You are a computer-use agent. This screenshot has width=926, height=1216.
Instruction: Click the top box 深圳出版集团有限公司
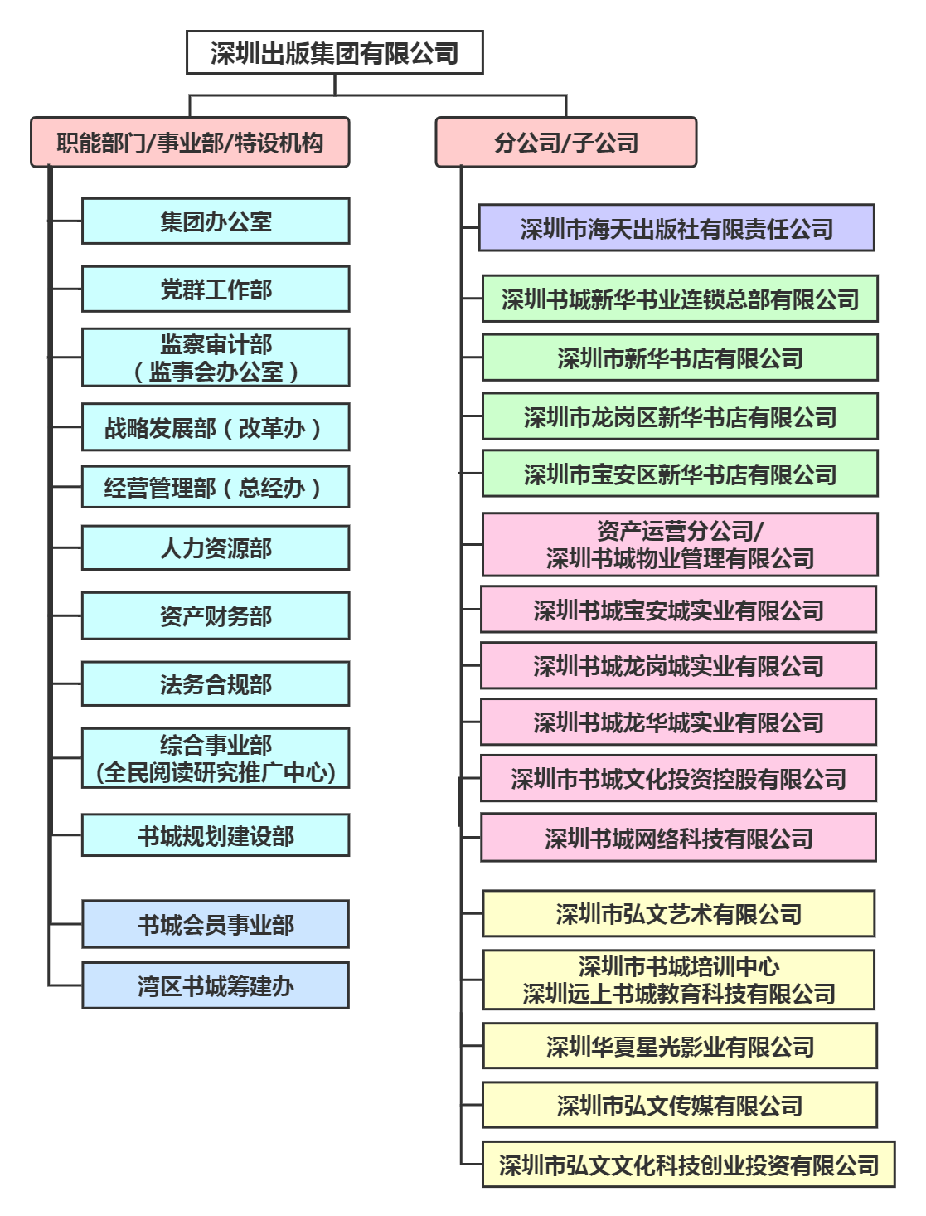click(x=334, y=53)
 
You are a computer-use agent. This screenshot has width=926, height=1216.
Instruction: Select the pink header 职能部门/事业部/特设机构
click(x=190, y=143)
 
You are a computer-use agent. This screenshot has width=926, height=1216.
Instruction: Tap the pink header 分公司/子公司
click(x=566, y=143)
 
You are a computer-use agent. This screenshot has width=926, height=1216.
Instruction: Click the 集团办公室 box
click(x=216, y=221)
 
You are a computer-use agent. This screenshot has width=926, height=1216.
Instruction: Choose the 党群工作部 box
click(x=216, y=289)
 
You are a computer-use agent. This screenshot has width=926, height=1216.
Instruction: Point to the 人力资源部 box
click(x=216, y=548)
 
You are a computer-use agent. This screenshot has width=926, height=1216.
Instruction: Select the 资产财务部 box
click(x=216, y=616)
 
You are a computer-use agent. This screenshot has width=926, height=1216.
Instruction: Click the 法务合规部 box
click(x=216, y=684)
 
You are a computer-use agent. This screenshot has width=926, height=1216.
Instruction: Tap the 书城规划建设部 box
click(x=216, y=835)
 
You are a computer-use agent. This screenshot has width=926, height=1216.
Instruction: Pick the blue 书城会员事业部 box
click(x=216, y=924)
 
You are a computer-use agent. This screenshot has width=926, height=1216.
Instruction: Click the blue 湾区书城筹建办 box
click(x=216, y=985)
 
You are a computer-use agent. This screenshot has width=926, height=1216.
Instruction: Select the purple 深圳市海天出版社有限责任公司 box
click(x=676, y=228)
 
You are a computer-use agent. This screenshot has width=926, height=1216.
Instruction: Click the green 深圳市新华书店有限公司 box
click(x=680, y=358)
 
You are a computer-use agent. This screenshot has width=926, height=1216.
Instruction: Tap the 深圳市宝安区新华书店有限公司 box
click(x=680, y=474)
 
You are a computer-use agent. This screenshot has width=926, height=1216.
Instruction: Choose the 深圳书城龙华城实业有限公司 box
click(x=678, y=722)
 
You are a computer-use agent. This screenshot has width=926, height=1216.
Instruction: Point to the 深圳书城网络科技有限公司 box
click(x=678, y=838)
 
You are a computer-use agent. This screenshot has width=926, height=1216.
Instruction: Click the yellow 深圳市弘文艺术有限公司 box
click(x=678, y=914)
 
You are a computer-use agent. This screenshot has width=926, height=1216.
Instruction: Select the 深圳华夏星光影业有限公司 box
click(x=680, y=1046)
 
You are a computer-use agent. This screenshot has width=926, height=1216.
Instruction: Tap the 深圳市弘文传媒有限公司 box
click(x=680, y=1105)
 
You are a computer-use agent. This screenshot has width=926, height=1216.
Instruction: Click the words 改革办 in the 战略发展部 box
click(x=273, y=428)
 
